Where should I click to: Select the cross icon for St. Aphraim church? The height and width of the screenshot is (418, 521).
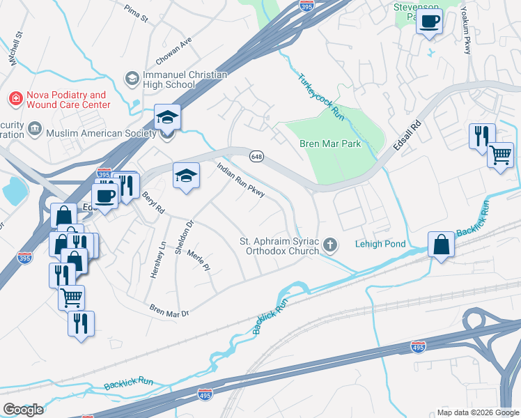pos(330,245)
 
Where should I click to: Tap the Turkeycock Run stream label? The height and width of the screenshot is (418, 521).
pos(321,97)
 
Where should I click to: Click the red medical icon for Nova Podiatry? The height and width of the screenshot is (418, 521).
pos(13,100)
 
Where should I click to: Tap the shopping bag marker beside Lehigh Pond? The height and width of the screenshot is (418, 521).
pos(442,245)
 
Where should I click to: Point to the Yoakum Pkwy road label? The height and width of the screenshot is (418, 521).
pos(466,31)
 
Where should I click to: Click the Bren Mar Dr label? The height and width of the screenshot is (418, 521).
pos(169,310)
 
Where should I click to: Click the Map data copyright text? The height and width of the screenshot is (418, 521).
pos(477,412)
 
